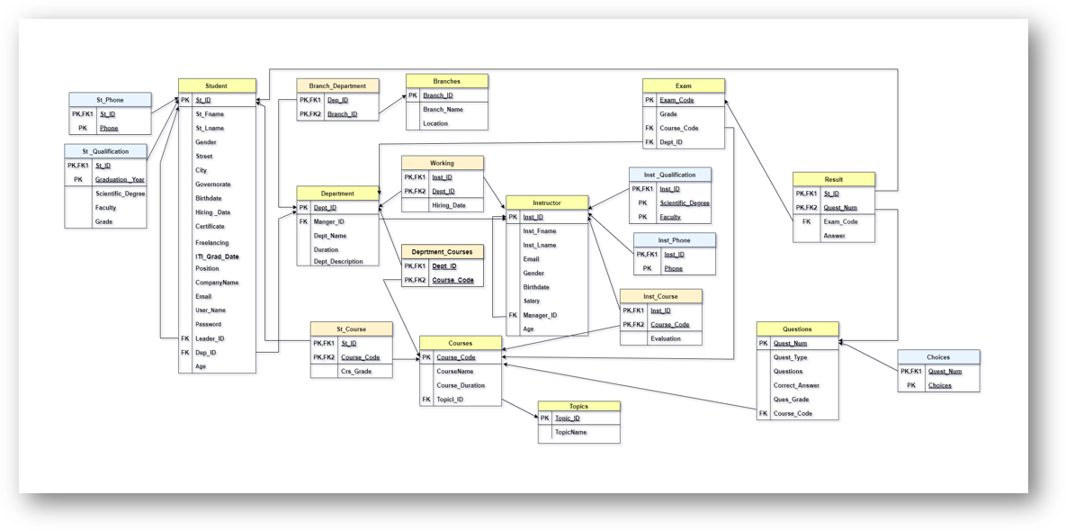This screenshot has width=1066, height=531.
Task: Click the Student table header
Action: click(x=217, y=86)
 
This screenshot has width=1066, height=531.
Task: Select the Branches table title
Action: click(x=446, y=81)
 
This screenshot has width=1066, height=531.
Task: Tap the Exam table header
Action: click(x=683, y=85)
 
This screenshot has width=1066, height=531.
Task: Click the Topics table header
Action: click(x=578, y=406)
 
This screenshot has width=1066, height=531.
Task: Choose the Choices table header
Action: click(x=938, y=357)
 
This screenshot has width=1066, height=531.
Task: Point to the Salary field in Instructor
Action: click(x=531, y=301)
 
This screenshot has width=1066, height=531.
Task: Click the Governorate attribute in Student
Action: click(x=212, y=184)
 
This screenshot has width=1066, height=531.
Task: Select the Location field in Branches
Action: click(x=435, y=123)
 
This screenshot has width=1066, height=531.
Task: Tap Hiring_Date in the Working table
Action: click(x=448, y=205)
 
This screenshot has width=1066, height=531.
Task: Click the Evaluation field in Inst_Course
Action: click(x=666, y=338)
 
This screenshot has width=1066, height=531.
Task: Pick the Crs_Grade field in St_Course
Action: click(x=355, y=371)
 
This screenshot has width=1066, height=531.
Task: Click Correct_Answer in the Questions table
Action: click(x=796, y=385)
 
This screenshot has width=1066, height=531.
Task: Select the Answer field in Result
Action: click(x=834, y=236)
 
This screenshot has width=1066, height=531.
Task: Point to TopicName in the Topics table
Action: click(x=570, y=432)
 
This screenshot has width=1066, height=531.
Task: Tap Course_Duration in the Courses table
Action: click(x=460, y=385)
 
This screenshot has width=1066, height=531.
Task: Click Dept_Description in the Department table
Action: click(x=338, y=262)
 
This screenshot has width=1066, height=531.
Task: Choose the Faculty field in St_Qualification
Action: click(x=105, y=207)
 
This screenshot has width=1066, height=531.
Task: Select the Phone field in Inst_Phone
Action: click(x=673, y=268)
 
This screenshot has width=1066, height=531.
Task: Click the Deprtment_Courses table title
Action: click(x=442, y=252)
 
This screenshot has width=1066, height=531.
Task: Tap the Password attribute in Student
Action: click(x=209, y=324)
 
